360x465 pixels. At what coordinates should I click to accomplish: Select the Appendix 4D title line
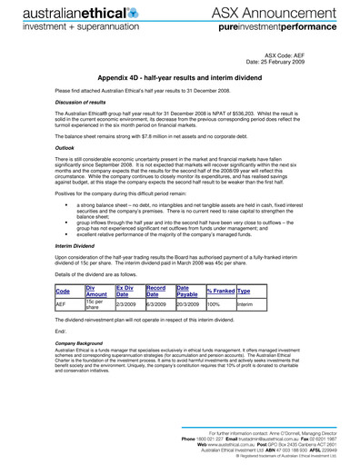(x=180, y=79)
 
